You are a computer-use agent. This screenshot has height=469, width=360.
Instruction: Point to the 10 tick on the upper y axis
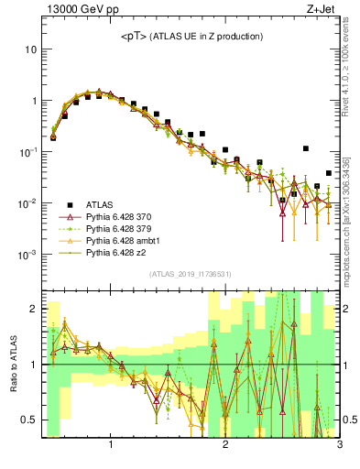(31, 49)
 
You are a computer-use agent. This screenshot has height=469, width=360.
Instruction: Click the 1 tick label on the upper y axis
(34, 100)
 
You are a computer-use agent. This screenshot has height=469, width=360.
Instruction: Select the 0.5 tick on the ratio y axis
(29, 420)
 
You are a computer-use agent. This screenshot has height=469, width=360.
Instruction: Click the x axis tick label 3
(339, 446)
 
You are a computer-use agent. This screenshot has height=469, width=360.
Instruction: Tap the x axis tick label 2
(225, 446)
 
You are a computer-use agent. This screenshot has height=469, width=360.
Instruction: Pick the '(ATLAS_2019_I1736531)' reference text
(191, 274)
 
